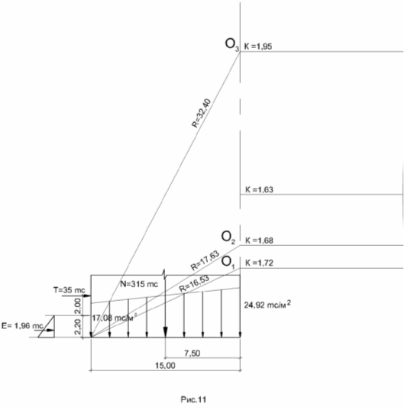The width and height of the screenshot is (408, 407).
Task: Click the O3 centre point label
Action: [x=232, y=45]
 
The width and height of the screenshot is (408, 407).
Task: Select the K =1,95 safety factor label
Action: [x=258, y=47]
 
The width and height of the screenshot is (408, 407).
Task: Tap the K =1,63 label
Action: [x=260, y=189]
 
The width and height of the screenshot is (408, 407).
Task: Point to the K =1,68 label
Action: [x=260, y=241]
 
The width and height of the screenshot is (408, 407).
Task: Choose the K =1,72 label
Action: [x=260, y=263]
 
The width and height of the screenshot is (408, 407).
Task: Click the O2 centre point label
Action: [x=228, y=237]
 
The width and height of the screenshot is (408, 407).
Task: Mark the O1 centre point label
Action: [x=228, y=263]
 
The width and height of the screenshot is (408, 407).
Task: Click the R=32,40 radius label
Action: [x=202, y=113]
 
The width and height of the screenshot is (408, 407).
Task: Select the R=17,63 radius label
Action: [x=205, y=260]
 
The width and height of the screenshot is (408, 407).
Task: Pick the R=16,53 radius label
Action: [x=194, y=284]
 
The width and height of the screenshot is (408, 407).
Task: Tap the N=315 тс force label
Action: [x=139, y=284]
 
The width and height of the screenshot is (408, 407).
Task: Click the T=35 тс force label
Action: [x=70, y=290]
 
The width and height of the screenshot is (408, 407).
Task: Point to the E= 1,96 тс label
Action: [x=22, y=326]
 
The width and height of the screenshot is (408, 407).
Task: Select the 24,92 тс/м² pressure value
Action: [x=267, y=304]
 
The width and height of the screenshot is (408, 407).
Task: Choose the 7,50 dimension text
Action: [x=193, y=354]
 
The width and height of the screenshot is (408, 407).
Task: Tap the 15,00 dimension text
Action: [x=165, y=366]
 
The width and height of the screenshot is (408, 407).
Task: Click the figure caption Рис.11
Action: [x=193, y=399]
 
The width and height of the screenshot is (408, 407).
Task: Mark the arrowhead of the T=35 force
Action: [x=88, y=296]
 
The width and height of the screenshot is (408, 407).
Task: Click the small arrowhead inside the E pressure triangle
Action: [x=51, y=331]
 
